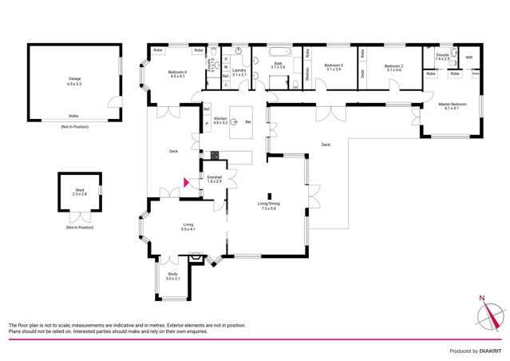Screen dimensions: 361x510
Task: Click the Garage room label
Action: [73, 81]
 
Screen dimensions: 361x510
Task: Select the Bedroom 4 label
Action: [176, 74]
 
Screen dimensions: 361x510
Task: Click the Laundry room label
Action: [239, 73]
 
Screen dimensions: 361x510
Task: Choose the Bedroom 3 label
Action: [333, 68]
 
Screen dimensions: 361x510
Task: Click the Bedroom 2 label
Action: [393, 68]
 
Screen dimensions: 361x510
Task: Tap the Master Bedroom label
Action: [452, 105]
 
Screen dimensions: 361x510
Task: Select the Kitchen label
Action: [220, 121]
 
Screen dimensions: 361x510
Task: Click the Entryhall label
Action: [215, 180]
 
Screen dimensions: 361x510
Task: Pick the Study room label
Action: [172, 276]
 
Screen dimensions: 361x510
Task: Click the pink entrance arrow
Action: [187, 182]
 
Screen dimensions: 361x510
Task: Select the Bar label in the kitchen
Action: [248, 121]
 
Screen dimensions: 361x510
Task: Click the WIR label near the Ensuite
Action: [468, 58]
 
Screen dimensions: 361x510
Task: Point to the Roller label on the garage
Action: [73, 116]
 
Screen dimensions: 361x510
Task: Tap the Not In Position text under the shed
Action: [80, 228]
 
